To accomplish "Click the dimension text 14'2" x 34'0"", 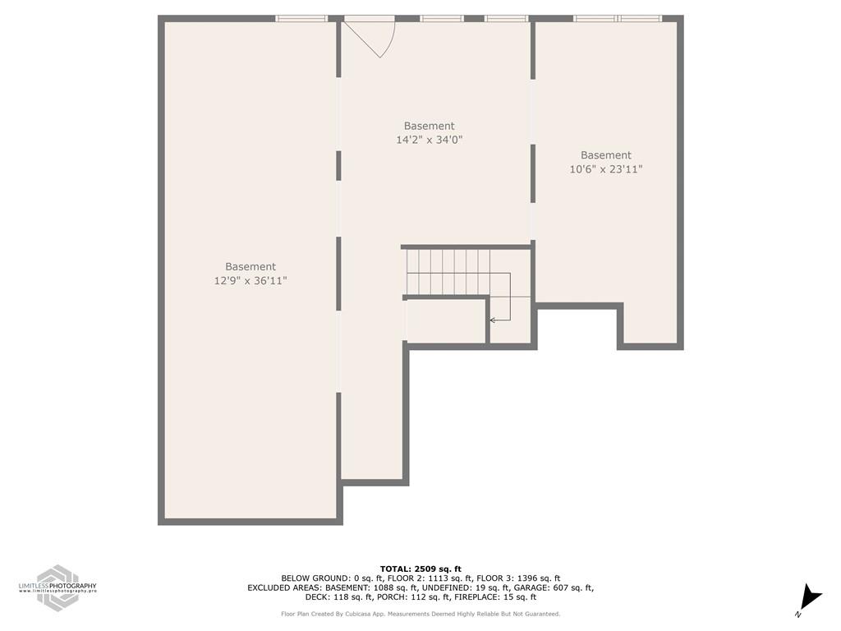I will (x=429, y=140).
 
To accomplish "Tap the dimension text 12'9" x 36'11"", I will (x=250, y=281).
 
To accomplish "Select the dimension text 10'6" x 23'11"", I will (x=606, y=170).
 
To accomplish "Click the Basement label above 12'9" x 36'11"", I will (x=250, y=267).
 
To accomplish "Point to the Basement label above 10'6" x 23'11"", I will (x=606, y=155).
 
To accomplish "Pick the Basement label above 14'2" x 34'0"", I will (x=429, y=127).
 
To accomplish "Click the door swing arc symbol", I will (x=373, y=37).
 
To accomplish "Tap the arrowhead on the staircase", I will (x=492, y=320).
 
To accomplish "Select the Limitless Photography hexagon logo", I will (x=57, y=586).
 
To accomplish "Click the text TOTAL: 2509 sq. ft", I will (x=420, y=569).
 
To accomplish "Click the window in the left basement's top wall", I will (x=301, y=18).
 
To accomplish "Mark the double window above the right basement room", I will (x=617, y=18).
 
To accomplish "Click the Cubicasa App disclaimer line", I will (x=420, y=614).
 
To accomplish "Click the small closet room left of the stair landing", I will (x=446, y=321).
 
